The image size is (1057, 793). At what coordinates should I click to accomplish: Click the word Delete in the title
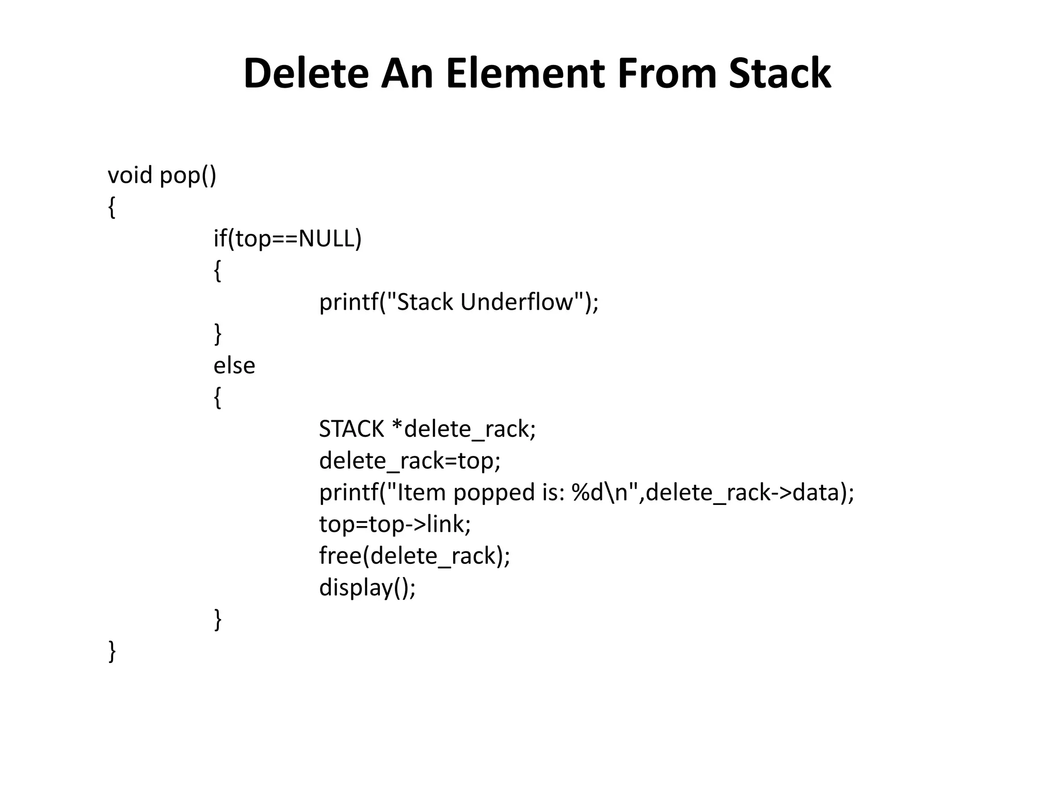(306, 73)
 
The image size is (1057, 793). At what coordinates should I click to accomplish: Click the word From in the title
(666, 73)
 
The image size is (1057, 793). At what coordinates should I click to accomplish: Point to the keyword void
(130, 176)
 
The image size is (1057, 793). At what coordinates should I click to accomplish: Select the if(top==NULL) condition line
(287, 239)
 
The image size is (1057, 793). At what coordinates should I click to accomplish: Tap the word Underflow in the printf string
(517, 302)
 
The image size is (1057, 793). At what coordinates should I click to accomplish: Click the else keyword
(234, 366)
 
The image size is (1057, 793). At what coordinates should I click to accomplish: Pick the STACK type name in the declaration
(351, 429)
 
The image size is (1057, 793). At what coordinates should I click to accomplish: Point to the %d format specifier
(587, 493)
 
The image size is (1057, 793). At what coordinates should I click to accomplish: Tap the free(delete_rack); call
(414, 556)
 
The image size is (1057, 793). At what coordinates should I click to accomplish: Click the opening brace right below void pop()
(111, 208)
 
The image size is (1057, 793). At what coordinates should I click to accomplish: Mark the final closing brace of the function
(112, 651)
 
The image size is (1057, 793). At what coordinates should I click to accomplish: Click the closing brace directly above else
(218, 334)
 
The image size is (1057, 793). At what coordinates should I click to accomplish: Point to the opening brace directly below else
(218, 398)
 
